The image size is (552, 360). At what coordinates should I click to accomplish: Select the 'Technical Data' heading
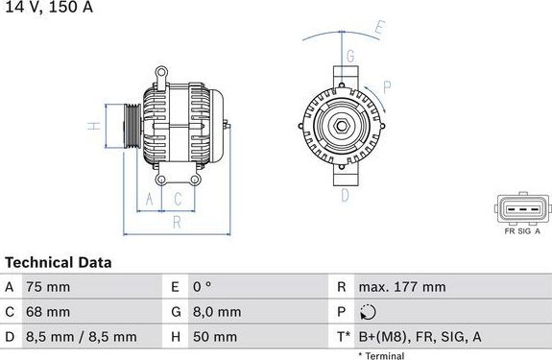click(x=59, y=262)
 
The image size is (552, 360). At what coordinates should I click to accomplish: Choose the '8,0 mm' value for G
click(x=218, y=312)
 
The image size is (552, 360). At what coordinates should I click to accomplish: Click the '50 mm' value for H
click(x=216, y=337)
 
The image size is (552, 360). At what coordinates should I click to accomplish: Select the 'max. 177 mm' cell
click(x=401, y=287)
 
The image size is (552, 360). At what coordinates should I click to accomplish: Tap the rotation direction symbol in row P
click(x=370, y=312)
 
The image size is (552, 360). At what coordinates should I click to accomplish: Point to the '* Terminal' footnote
click(x=381, y=355)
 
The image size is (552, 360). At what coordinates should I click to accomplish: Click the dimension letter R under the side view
click(x=176, y=224)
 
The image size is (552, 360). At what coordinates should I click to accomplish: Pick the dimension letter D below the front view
click(x=344, y=195)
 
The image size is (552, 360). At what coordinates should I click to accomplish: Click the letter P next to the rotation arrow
click(x=387, y=85)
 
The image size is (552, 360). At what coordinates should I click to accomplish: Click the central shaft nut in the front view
click(x=342, y=126)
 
